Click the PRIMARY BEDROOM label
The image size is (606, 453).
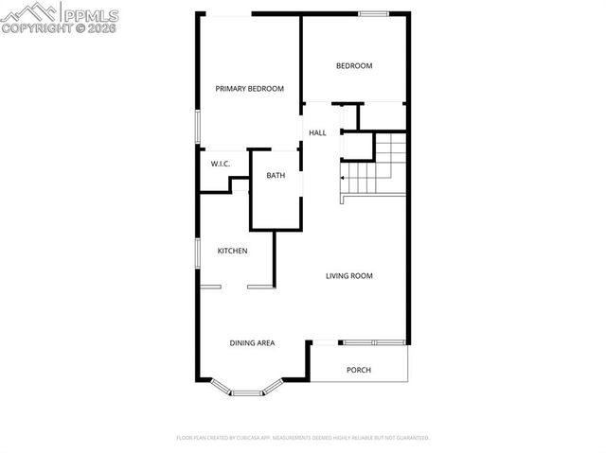[x=249, y=89]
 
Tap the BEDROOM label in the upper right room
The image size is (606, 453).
[x=355, y=66]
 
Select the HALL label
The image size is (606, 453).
[x=317, y=133]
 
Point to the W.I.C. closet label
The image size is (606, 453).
[x=221, y=165]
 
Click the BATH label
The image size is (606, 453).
[x=276, y=176]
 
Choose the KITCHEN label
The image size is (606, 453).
[x=233, y=251]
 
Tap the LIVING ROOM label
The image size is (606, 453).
[x=349, y=276]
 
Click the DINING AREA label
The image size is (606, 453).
[x=252, y=342]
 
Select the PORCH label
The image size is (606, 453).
[x=358, y=370]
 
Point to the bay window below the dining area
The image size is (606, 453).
[x=246, y=389]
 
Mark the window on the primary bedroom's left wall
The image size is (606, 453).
[x=197, y=128]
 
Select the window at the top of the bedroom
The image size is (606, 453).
[x=373, y=13]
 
